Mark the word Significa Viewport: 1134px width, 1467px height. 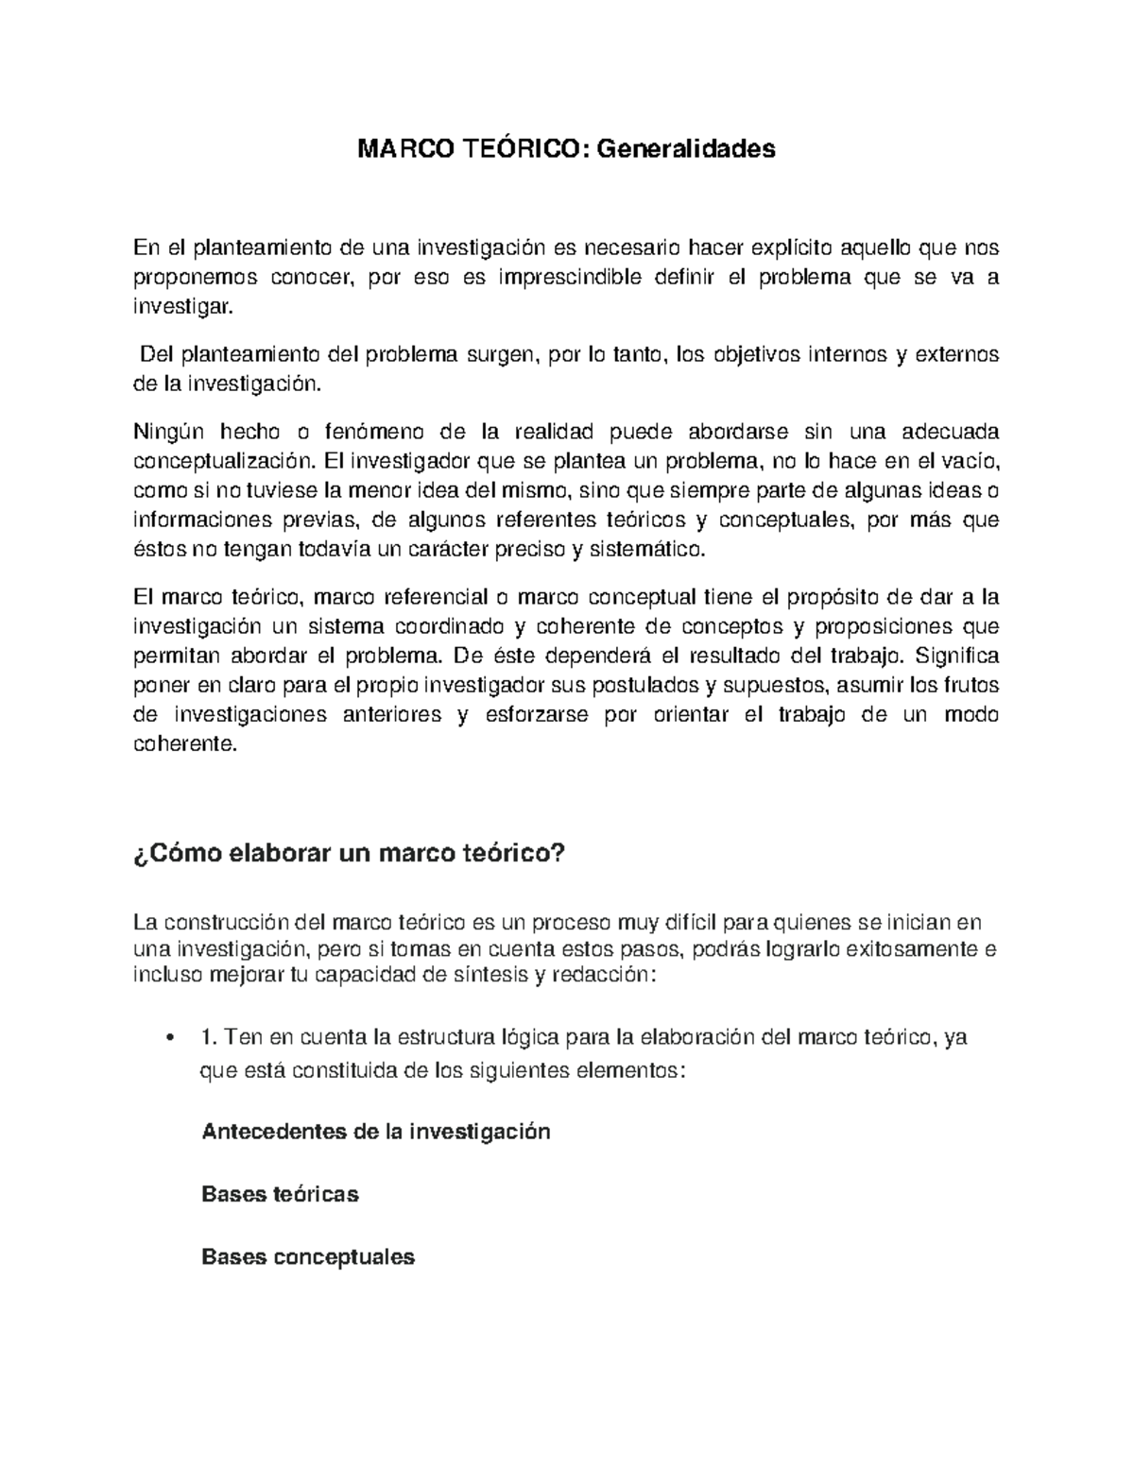click(x=957, y=657)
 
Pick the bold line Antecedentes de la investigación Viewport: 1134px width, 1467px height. click(x=376, y=1132)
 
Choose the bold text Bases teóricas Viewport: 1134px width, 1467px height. click(x=280, y=1194)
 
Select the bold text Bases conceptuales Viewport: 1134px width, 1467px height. click(x=308, y=1257)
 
